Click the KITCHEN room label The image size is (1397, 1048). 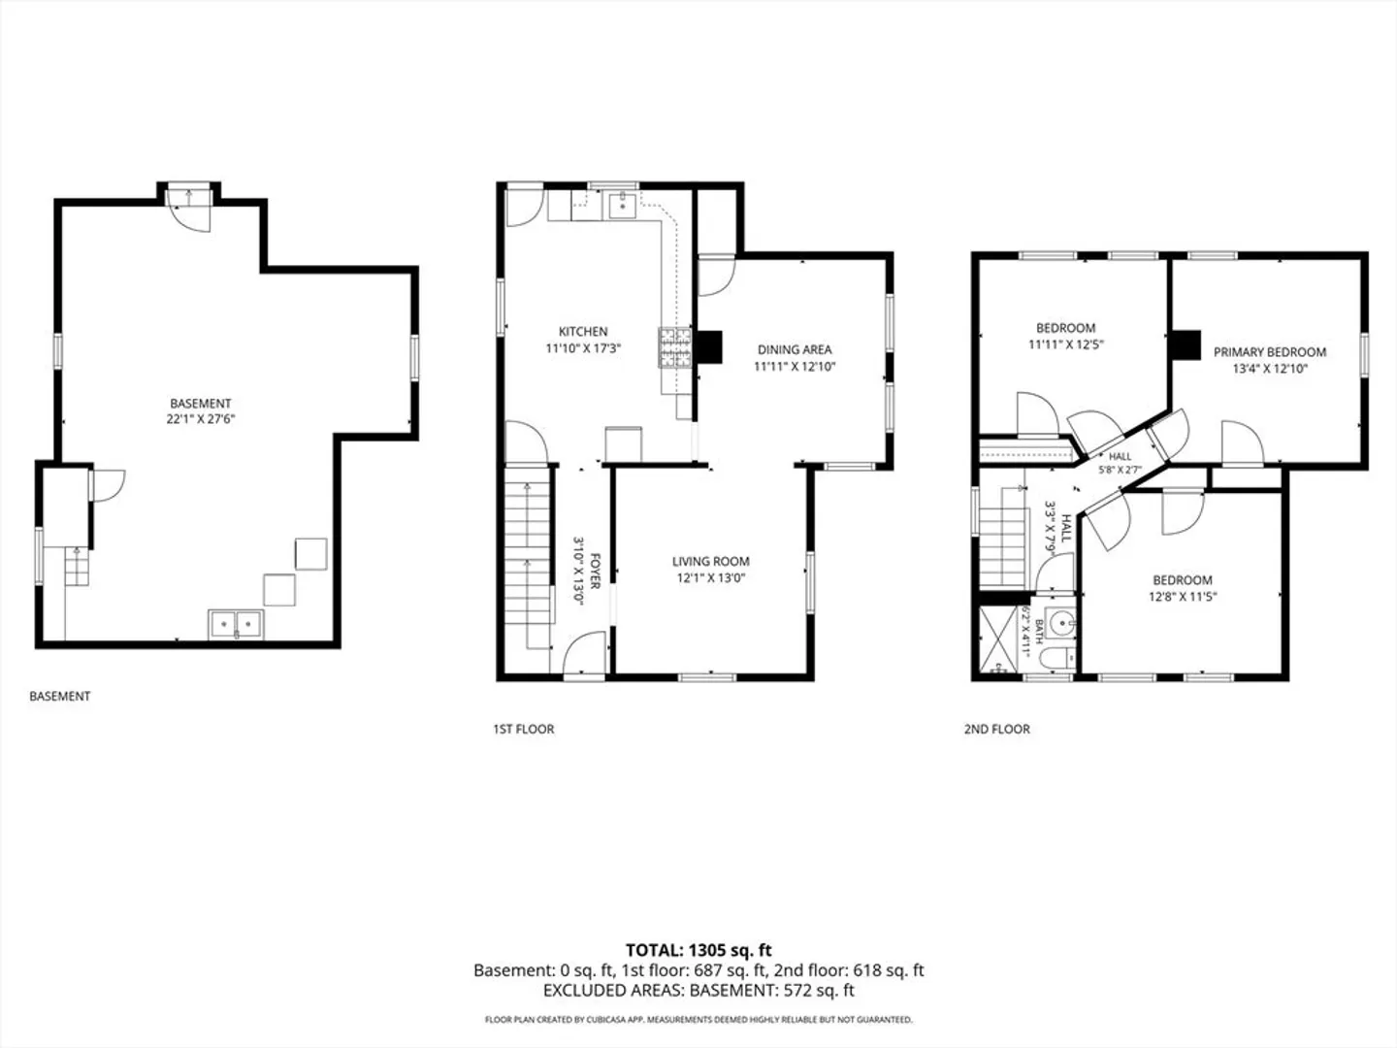pos(583,332)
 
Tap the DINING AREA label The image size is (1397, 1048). pos(795,349)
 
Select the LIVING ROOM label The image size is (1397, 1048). pos(711,561)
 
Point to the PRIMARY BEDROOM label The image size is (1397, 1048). pos(1270,352)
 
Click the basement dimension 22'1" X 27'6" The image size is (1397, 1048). pos(201,418)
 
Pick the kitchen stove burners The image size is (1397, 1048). pos(674,347)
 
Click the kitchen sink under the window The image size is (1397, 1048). pos(622,205)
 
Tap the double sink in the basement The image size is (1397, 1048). pos(236,624)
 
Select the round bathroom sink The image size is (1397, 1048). pos(1061,623)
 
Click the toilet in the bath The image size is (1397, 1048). pos(1056,659)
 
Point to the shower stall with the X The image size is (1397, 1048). pos(997,639)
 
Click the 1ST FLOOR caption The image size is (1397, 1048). pos(523,729)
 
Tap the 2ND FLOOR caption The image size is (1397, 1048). pos(996,729)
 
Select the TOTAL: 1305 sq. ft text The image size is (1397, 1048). pos(698,951)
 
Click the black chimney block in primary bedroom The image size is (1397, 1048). pos(1186,345)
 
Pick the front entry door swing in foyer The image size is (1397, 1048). pos(585,652)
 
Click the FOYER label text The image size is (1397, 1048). pos(596,572)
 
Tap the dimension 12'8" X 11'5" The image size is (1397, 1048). pos(1183,597)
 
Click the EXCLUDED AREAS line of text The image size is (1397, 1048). pos(698,991)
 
